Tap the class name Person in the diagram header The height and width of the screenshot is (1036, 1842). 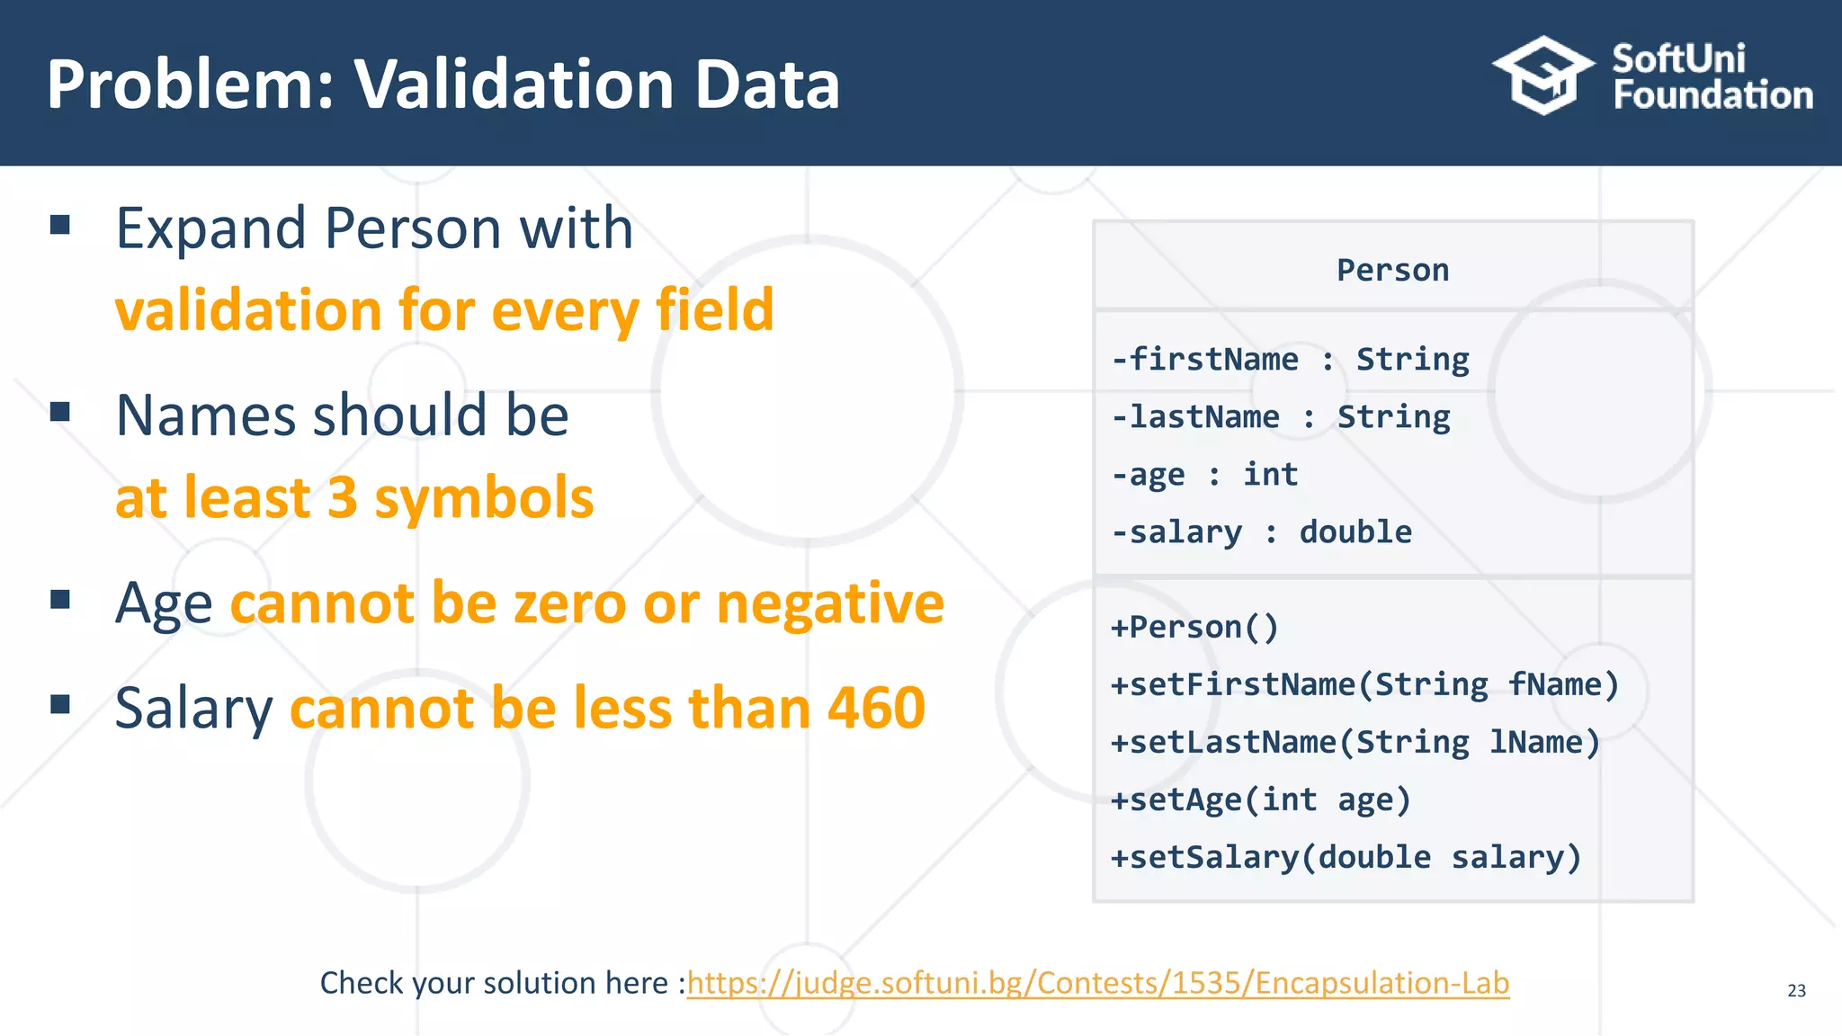(1392, 271)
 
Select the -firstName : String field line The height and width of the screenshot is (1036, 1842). (1290, 360)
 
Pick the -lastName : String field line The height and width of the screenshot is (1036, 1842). (1281, 417)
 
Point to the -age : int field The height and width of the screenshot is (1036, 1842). (1205, 475)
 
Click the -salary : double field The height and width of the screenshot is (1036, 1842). (1261, 532)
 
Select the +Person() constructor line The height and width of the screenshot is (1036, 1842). (1194, 628)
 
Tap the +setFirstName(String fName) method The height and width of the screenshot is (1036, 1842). (1364, 685)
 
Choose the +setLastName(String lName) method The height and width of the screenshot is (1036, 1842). (1355, 743)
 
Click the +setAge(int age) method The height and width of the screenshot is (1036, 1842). (1261, 800)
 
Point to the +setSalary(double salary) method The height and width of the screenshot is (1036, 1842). (1346, 858)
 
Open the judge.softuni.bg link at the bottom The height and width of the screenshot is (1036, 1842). (1097, 983)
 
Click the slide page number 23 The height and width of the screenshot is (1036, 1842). (1796, 991)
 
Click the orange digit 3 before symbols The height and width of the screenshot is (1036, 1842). (343, 498)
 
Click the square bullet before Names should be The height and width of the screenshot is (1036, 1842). (60, 412)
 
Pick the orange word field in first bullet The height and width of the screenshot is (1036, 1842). (714, 310)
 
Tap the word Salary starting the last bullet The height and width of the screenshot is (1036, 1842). (193, 709)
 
